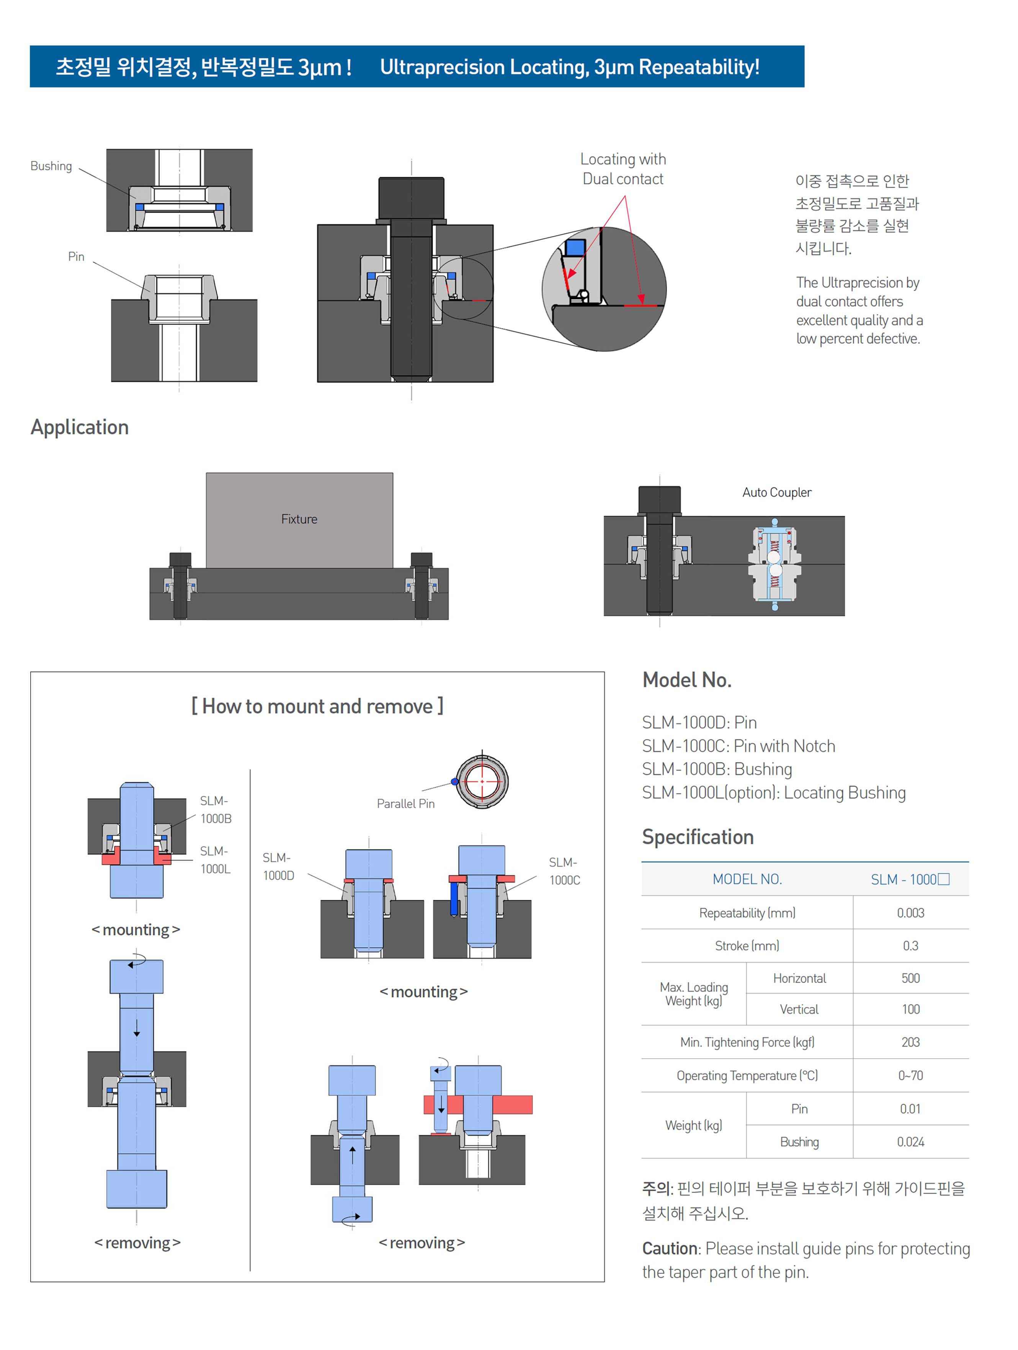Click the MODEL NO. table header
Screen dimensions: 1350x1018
pos(747,879)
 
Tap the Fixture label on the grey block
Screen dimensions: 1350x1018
pos(299,519)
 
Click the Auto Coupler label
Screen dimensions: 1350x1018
pos(776,492)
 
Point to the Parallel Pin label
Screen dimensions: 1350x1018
pos(405,803)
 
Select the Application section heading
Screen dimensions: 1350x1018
pos(79,427)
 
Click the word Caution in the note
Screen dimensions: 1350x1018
pos(670,1248)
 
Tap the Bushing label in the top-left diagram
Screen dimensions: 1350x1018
pos(51,166)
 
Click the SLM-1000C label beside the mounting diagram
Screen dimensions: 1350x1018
pos(564,871)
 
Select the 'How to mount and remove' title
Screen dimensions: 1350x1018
pos(317,706)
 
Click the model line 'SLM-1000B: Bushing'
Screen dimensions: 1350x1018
pos(717,769)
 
